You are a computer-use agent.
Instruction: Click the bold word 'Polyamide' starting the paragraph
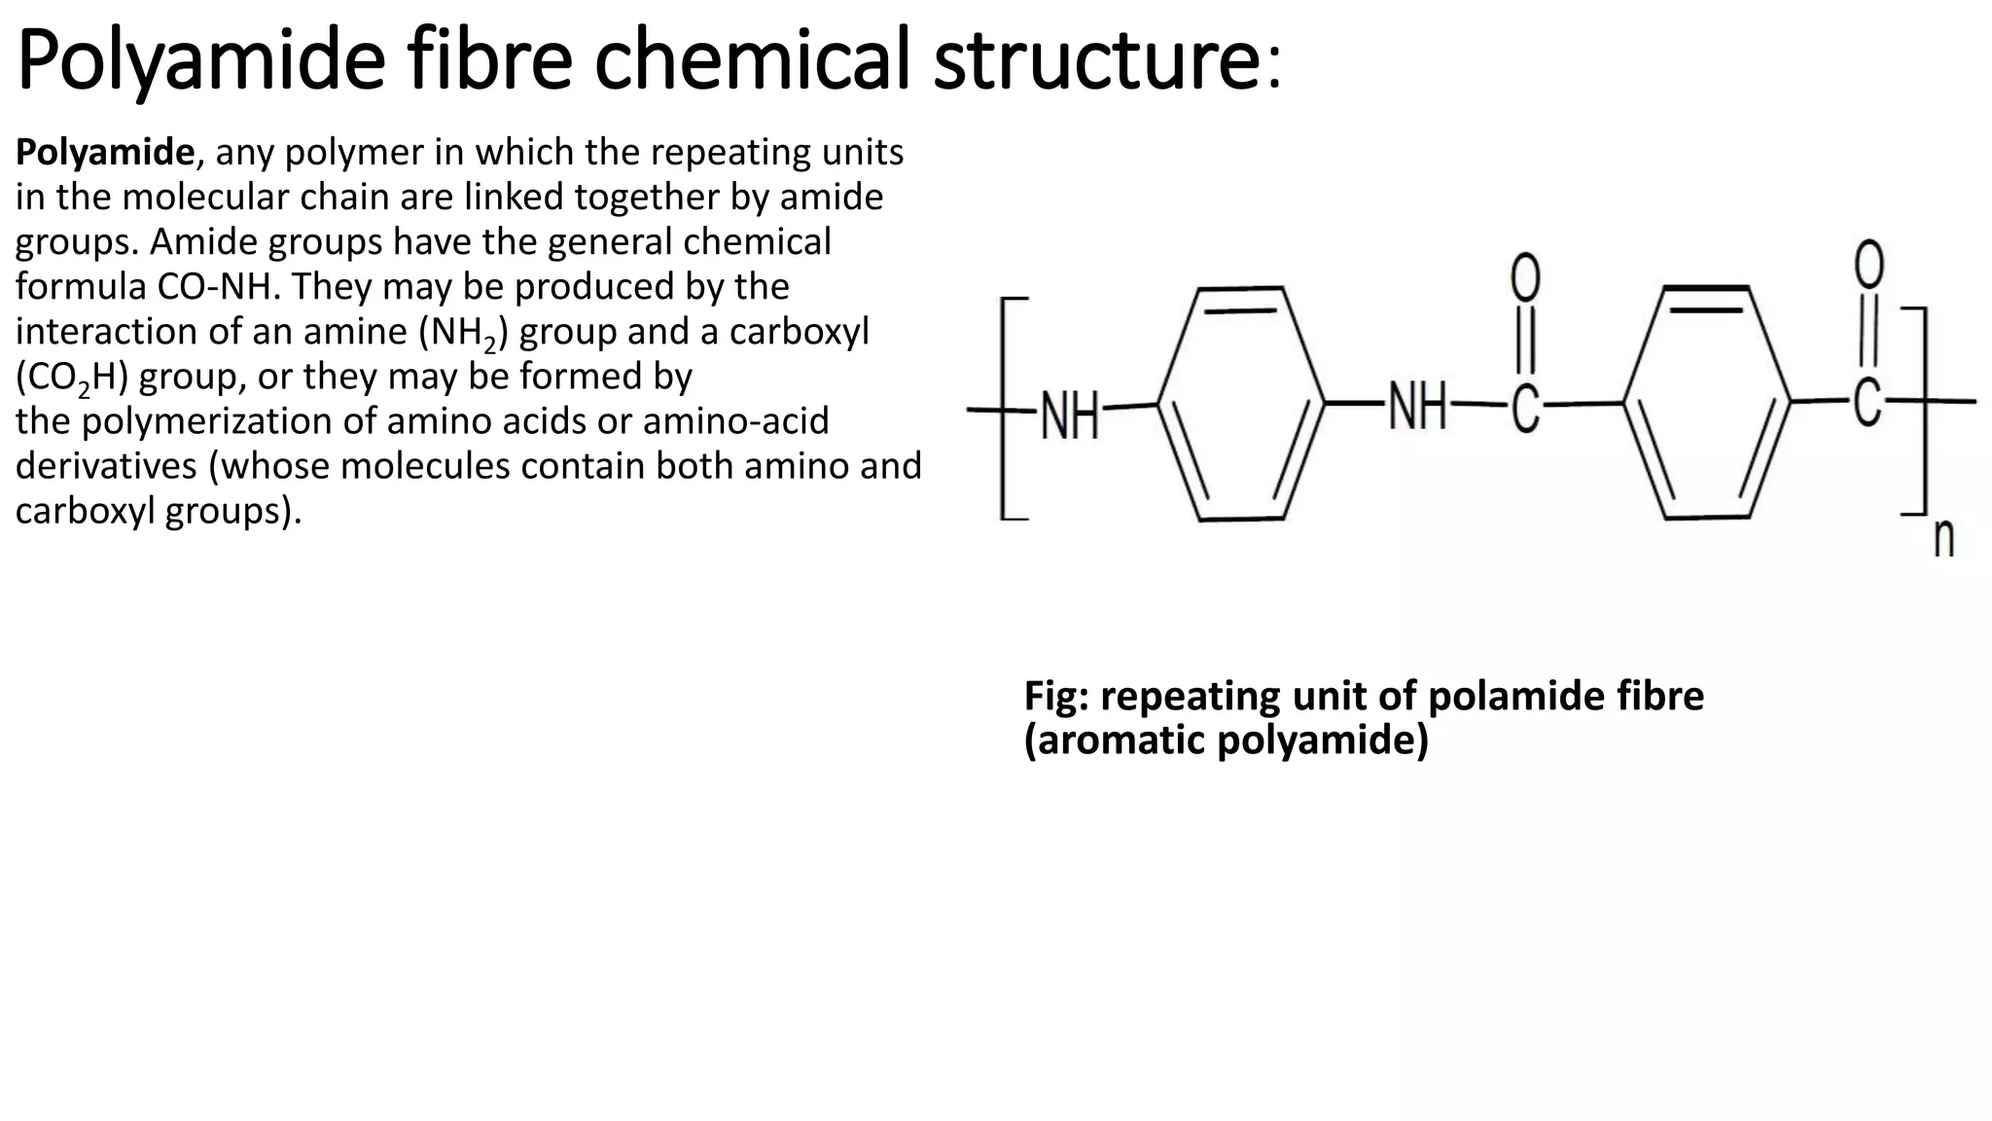105,153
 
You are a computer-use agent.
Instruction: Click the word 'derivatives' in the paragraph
106,466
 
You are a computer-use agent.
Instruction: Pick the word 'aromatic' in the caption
1119,741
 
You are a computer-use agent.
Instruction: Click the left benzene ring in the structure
1241,403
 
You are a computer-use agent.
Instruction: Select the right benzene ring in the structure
1707,403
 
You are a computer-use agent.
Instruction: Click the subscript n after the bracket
1943,537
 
